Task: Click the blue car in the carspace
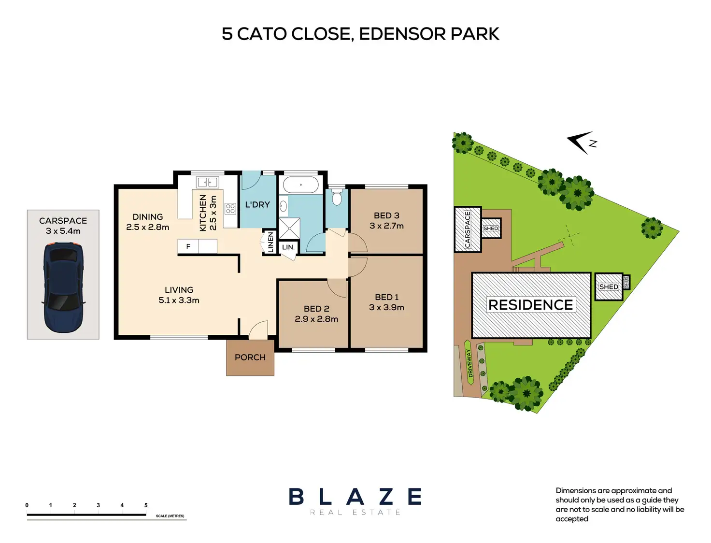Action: [x=63, y=288]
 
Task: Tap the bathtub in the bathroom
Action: [x=300, y=185]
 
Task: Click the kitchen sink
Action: [x=208, y=182]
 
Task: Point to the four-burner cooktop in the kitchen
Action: [x=230, y=209]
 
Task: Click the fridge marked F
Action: [x=188, y=246]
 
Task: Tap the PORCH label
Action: [x=250, y=357]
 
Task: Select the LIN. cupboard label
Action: [x=288, y=247]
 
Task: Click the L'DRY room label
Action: [x=257, y=205]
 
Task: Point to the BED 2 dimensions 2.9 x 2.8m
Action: [x=316, y=319]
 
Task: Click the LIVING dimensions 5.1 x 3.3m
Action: [x=179, y=300]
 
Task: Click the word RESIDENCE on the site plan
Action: [x=530, y=305]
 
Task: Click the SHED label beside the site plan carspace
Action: [x=490, y=229]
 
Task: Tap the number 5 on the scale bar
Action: [x=146, y=505]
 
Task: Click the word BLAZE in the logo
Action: [x=355, y=497]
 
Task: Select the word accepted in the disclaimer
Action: [x=572, y=519]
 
